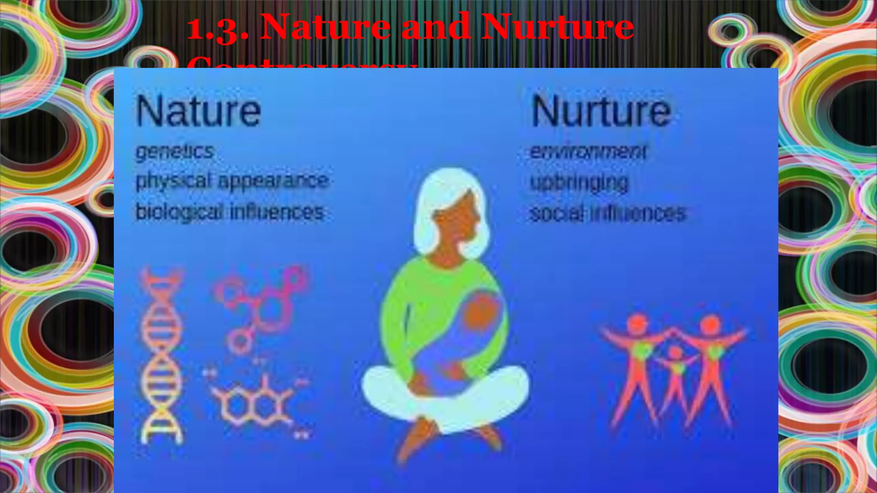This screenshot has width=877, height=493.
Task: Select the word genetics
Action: click(175, 151)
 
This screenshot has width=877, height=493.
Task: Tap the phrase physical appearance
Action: click(232, 181)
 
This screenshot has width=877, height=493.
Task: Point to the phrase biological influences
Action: click(230, 212)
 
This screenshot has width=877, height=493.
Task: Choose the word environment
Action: click(588, 151)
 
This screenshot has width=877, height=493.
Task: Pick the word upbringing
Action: click(579, 182)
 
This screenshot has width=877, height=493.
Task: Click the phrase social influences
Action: click(608, 213)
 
